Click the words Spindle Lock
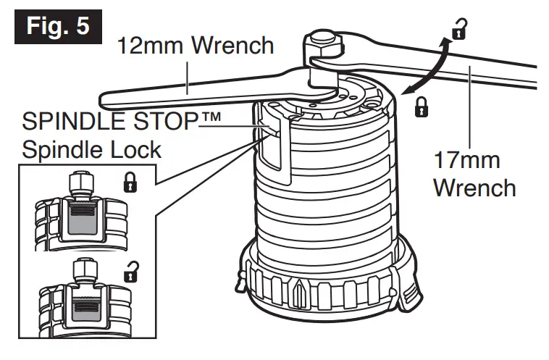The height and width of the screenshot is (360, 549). pyautogui.click(x=92, y=151)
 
